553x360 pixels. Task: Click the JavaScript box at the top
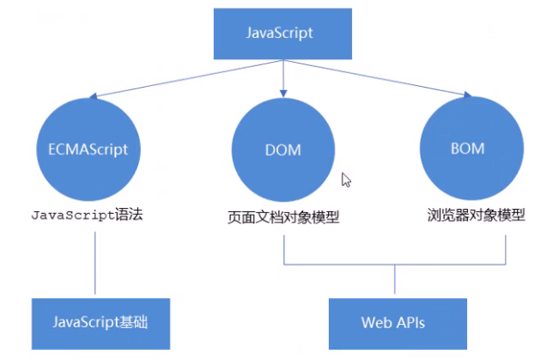point(280,34)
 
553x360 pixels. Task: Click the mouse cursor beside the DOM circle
point(346,180)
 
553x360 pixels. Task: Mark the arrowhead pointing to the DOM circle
point(283,92)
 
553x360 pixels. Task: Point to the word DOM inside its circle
point(283,150)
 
